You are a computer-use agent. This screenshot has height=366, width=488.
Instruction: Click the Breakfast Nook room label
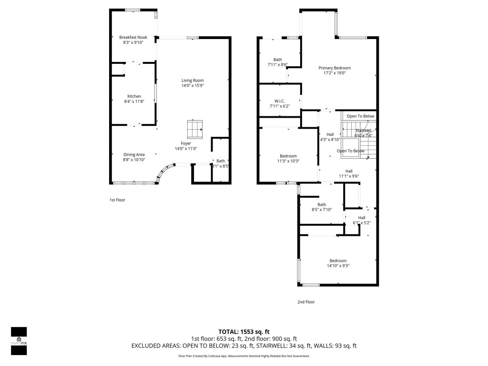pos(133,37)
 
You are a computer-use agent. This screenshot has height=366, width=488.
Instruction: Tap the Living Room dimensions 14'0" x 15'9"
pos(192,85)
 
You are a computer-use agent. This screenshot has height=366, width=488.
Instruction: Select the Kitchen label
pos(134,96)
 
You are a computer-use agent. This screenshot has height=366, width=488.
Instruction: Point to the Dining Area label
pos(134,154)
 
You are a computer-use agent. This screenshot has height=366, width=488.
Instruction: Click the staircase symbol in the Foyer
pos(194,129)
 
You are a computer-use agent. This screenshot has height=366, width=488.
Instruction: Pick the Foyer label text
pos(185,143)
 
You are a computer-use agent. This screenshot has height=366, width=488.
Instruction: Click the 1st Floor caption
pos(117,200)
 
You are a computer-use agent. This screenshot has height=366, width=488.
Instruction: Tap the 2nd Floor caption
pos(306,302)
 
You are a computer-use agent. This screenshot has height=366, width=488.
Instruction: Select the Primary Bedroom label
pos(335,68)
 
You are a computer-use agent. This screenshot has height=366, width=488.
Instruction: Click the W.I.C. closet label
pos(279,101)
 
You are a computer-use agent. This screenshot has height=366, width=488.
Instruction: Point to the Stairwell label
pos(363,130)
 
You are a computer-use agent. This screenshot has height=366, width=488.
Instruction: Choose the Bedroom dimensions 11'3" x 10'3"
pos(288,161)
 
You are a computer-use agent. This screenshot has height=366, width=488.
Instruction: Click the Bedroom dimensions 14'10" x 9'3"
pos(338,265)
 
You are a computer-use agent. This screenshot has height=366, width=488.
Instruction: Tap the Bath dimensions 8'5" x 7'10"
pos(322,210)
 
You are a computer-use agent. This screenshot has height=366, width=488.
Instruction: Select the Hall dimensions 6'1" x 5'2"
pos(362,223)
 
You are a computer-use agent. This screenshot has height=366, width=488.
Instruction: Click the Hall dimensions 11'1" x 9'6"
pos(349,176)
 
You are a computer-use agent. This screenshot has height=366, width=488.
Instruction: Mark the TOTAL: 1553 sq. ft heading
pos(244,332)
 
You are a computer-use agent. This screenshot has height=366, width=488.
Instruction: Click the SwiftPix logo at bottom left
pos(19,341)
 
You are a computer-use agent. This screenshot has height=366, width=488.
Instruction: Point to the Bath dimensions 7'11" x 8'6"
pos(277,64)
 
